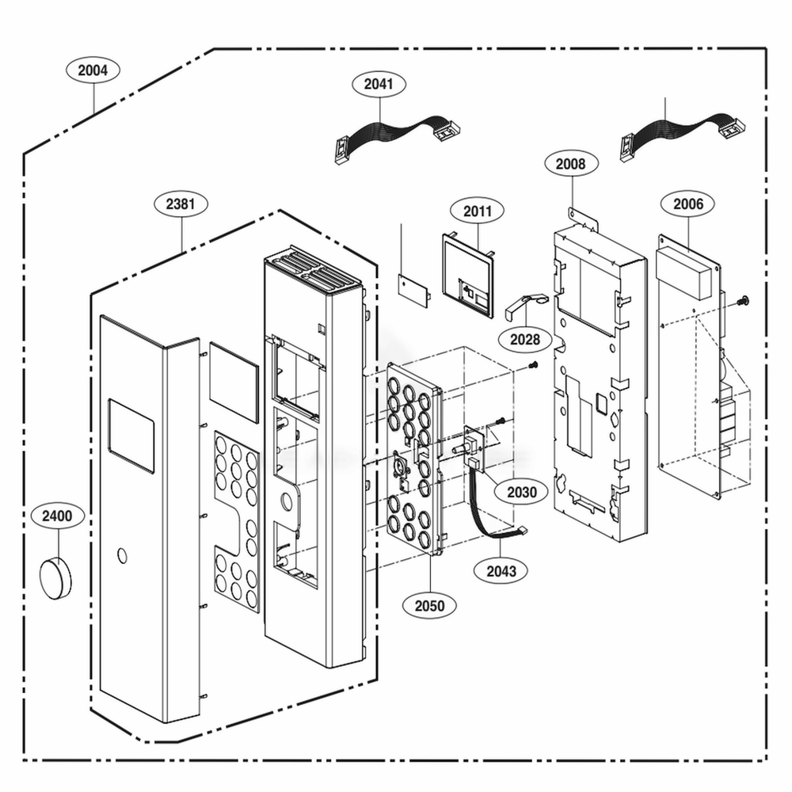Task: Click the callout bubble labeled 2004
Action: point(93,70)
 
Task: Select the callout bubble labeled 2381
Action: point(181,204)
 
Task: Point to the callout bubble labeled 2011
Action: point(478,211)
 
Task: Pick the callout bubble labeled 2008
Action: point(570,164)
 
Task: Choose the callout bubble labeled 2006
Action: point(687,204)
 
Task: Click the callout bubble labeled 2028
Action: point(525,340)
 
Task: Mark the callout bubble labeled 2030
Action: point(522,492)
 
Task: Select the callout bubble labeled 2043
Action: point(501,571)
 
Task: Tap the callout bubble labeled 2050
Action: point(429,607)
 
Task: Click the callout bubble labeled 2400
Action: point(57,516)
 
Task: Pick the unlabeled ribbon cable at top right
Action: point(680,131)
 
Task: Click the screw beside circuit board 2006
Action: point(744,300)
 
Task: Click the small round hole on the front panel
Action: point(120,555)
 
